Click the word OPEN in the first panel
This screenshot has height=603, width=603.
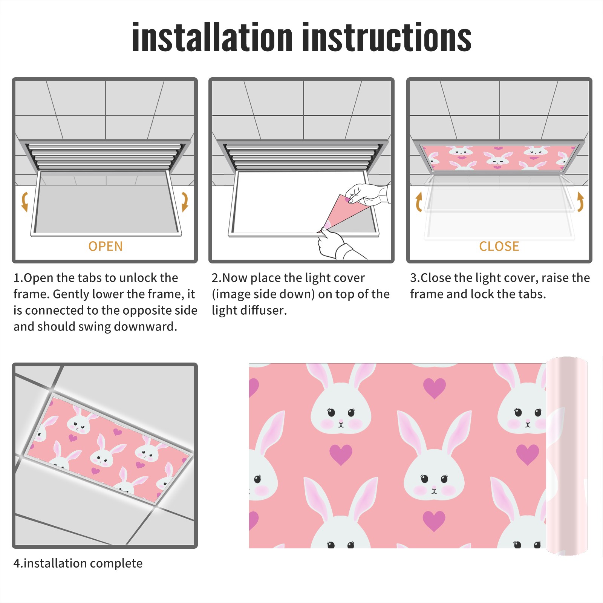[106, 246]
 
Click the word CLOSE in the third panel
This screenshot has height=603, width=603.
[499, 246]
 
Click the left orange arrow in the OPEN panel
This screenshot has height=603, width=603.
[24, 202]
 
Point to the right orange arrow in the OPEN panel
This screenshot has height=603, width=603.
[185, 202]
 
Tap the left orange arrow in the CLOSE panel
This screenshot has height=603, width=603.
[418, 202]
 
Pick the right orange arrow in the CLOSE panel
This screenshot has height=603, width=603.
[580, 202]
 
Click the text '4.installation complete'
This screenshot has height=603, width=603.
[78, 563]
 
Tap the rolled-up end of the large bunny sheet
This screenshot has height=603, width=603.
[567, 456]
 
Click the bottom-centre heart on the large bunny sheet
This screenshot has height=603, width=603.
[434, 521]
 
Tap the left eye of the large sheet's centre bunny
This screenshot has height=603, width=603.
[424, 479]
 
